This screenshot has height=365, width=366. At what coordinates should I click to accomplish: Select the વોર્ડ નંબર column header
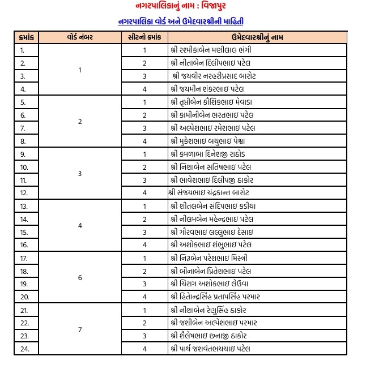click(x=80, y=37)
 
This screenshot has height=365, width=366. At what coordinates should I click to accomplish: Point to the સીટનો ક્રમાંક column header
click(x=144, y=37)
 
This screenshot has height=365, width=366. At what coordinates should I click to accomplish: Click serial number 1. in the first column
click(x=23, y=50)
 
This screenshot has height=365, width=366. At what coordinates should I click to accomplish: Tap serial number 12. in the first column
click(x=24, y=193)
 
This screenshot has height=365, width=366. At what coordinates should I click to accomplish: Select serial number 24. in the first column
click(x=24, y=349)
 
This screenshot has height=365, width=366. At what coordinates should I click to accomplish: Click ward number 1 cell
click(x=80, y=70)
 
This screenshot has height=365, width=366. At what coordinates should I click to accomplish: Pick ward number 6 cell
click(x=80, y=277)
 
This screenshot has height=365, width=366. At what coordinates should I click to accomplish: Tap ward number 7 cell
click(x=80, y=329)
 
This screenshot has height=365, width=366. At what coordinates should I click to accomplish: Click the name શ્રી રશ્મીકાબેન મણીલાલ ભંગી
click(x=211, y=50)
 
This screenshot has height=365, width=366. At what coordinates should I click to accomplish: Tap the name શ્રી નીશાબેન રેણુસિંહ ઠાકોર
click(x=212, y=310)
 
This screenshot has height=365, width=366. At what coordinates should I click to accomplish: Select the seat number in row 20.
click(x=144, y=297)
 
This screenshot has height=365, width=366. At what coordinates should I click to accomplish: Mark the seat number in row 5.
click(x=144, y=102)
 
